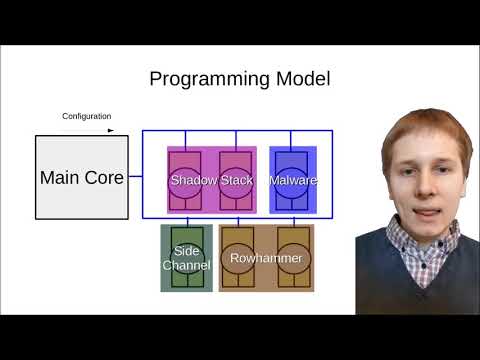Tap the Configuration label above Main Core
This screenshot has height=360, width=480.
tap(87, 117)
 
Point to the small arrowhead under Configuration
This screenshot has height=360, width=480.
tap(111, 130)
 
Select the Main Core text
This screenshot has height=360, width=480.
tap(82, 178)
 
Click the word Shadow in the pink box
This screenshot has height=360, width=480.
tap(194, 181)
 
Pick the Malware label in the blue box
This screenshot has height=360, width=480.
tap(293, 181)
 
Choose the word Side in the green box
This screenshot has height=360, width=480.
tap(187, 251)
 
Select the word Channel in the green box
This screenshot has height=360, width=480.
tap(187, 266)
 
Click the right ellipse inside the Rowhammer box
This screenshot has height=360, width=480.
tap(294, 258)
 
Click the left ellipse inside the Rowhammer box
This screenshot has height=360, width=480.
tap(238, 258)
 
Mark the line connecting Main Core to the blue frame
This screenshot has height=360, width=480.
tap(134, 178)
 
